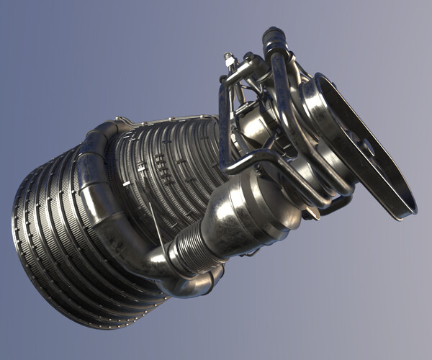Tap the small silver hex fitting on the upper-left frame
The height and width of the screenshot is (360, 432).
[x=230, y=60]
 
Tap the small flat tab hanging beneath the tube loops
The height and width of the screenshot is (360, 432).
[x=312, y=213]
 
